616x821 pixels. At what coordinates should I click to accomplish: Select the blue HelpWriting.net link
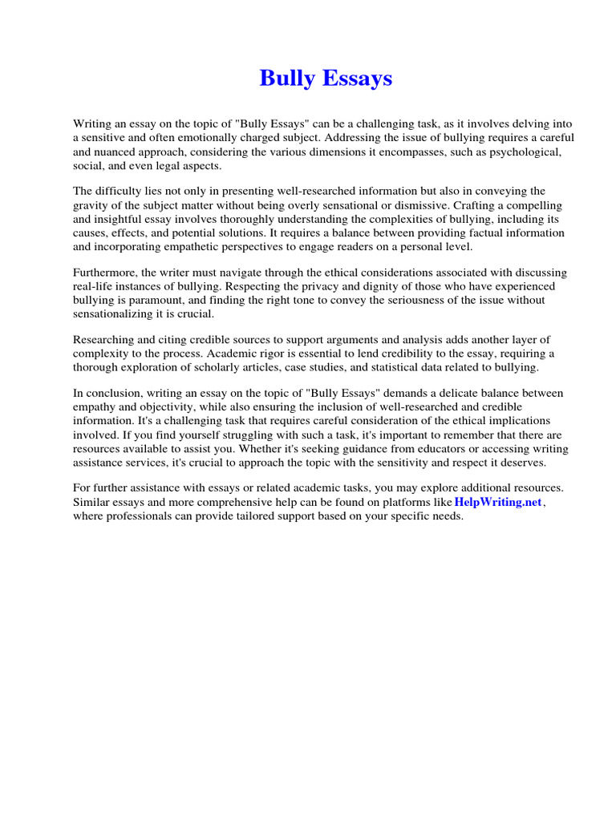pyautogui.click(x=498, y=502)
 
